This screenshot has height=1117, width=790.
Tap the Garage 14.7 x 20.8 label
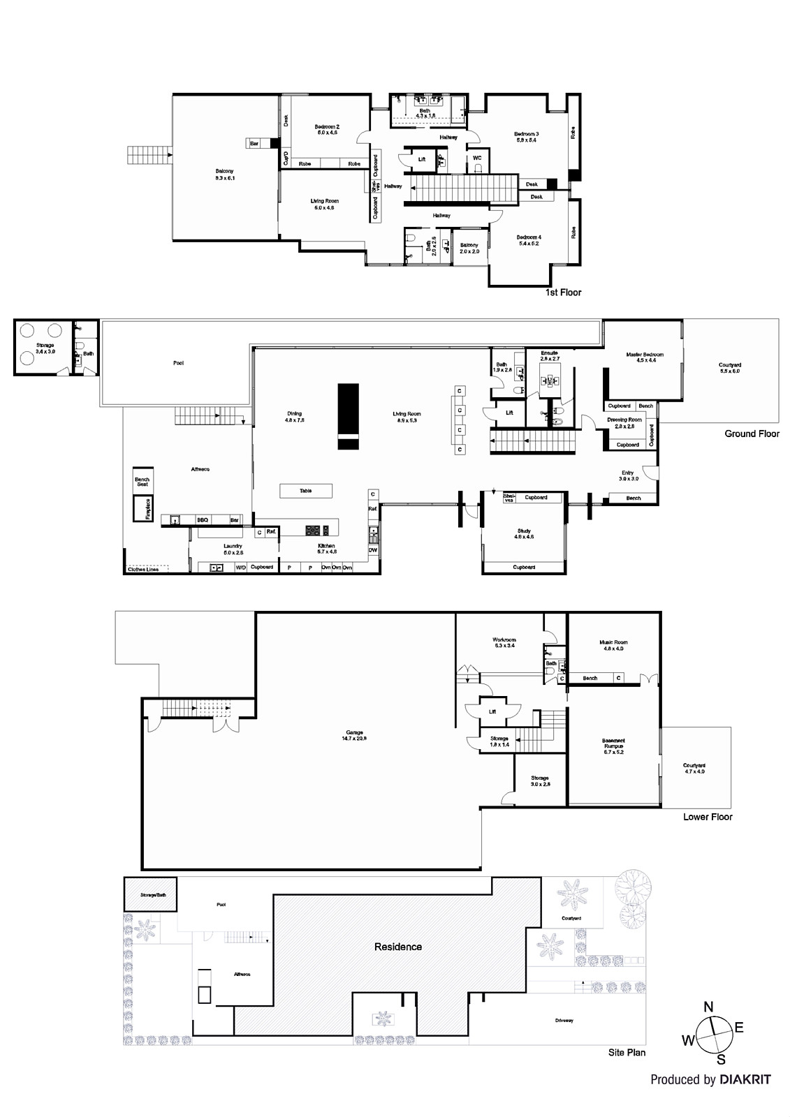click(354, 735)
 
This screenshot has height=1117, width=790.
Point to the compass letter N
click(708, 1007)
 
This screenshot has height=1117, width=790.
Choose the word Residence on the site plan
click(398, 947)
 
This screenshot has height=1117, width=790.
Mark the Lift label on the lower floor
click(492, 712)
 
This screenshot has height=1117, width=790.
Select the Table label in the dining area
click(306, 491)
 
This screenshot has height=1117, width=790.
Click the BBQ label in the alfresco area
click(203, 520)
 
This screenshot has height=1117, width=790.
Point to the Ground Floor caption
click(752, 434)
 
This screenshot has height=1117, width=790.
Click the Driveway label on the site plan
click(564, 1021)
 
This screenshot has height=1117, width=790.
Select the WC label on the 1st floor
click(477, 158)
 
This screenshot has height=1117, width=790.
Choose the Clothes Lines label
click(142, 570)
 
